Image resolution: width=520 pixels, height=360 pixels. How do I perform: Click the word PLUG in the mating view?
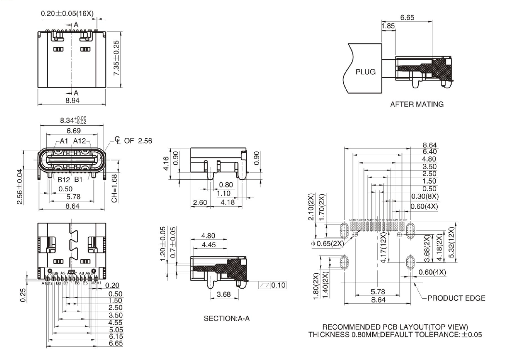[x=365, y=72]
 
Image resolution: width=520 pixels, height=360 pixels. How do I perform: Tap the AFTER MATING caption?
[x=416, y=104]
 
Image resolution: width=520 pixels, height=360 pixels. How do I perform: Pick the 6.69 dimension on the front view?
[x=74, y=131]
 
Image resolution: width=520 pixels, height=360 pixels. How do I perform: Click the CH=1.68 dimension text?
[x=115, y=187]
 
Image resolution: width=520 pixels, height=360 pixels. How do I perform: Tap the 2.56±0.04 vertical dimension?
[x=20, y=186]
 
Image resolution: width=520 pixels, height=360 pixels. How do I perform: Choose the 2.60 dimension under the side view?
[x=199, y=203]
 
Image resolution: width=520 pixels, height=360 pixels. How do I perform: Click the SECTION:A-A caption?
[x=226, y=319]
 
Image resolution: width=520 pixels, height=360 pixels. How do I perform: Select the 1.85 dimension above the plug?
[x=388, y=26]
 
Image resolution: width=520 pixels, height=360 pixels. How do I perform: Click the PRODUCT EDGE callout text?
[x=456, y=298]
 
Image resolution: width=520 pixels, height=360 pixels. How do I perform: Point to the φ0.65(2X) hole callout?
[x=327, y=243]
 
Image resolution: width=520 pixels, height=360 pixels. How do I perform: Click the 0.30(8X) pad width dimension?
[x=424, y=196]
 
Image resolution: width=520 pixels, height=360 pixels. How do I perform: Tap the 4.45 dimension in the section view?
[x=208, y=245]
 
